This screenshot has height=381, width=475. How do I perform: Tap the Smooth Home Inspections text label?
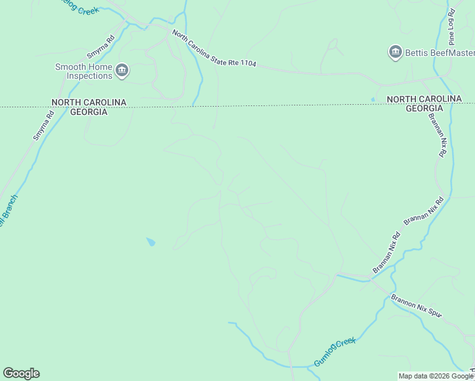tap(84, 71)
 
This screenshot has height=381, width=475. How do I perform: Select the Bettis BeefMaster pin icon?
tap(396, 52)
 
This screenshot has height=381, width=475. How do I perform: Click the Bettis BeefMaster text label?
tap(440, 52)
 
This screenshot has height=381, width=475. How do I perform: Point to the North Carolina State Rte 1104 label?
tap(215, 51)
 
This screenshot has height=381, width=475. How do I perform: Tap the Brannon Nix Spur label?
tap(415, 305)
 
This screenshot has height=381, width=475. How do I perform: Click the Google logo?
tap(21, 373)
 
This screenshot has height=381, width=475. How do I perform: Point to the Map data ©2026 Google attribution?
tap(436, 376)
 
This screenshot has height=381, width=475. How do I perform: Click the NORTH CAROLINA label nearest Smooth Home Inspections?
tap(89, 102)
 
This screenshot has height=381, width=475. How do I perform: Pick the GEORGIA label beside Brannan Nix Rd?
tap(424, 109)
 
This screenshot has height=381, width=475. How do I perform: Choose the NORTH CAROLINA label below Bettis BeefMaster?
tap(424, 99)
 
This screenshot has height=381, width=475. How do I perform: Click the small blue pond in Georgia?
tap(151, 242)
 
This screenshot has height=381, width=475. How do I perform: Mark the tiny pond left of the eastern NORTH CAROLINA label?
tap(373, 99)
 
